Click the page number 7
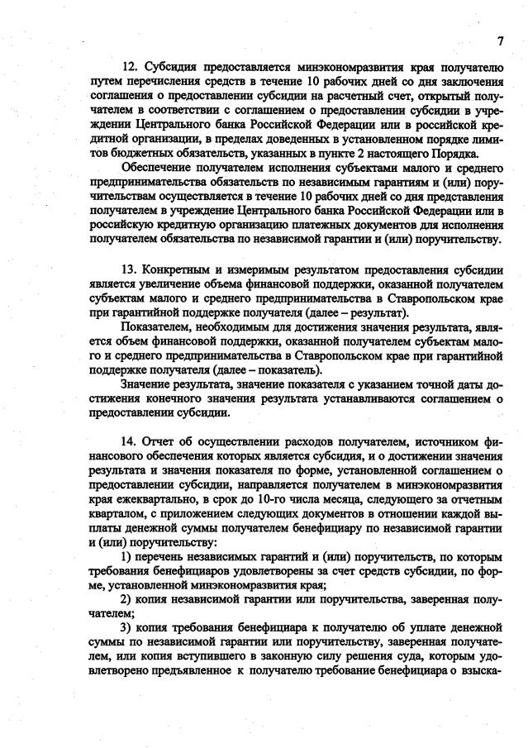tap(501, 41)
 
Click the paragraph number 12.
tap(130, 66)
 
